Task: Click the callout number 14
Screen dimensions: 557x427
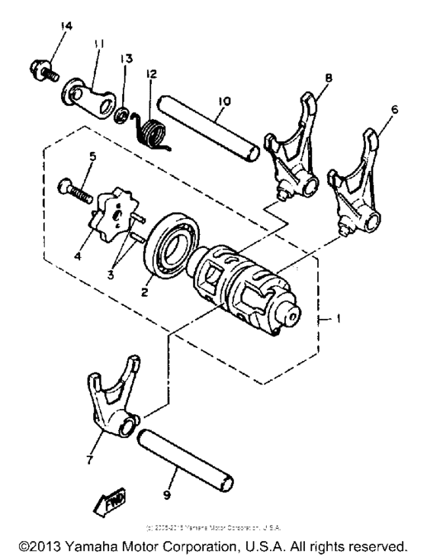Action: (66, 27)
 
